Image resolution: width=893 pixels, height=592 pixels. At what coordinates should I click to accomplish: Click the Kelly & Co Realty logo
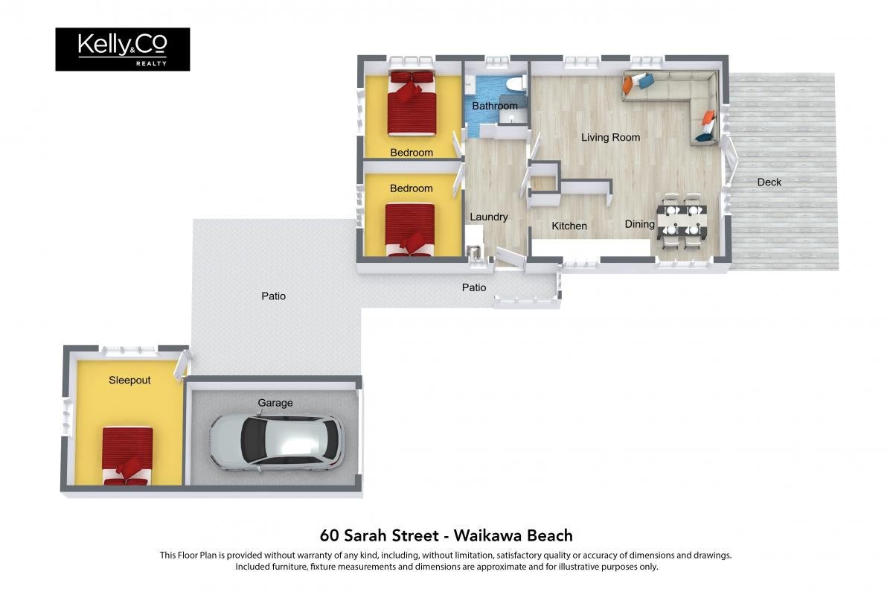[x=122, y=49]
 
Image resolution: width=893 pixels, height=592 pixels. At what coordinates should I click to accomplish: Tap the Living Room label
[x=610, y=138]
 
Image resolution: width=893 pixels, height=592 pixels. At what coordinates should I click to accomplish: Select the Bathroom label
[x=495, y=106]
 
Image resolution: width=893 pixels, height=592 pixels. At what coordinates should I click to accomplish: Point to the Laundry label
[x=489, y=217]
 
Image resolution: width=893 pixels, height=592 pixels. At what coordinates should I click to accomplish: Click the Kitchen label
[x=569, y=226]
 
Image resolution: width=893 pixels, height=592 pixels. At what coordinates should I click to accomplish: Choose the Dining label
[x=639, y=224]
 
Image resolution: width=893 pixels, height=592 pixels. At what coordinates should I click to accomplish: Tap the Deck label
[x=769, y=182]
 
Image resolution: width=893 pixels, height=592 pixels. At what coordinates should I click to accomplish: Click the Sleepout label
[x=129, y=381]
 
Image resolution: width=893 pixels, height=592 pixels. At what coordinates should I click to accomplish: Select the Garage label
[x=275, y=403]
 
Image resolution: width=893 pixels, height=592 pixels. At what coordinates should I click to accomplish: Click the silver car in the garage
[x=277, y=442]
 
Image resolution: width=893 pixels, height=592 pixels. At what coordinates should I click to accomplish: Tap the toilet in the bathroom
[x=516, y=84]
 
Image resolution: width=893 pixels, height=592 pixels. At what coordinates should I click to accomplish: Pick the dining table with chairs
[x=682, y=222]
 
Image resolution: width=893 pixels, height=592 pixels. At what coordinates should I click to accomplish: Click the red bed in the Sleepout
[x=127, y=456]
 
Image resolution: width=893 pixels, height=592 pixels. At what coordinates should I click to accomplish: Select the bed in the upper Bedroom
[x=412, y=103]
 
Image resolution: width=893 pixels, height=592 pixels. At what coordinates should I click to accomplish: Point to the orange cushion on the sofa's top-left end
[x=628, y=84]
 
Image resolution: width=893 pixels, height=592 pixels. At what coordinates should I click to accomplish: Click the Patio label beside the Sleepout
[x=274, y=296]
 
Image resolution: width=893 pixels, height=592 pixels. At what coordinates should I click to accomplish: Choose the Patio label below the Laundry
[x=474, y=287]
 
